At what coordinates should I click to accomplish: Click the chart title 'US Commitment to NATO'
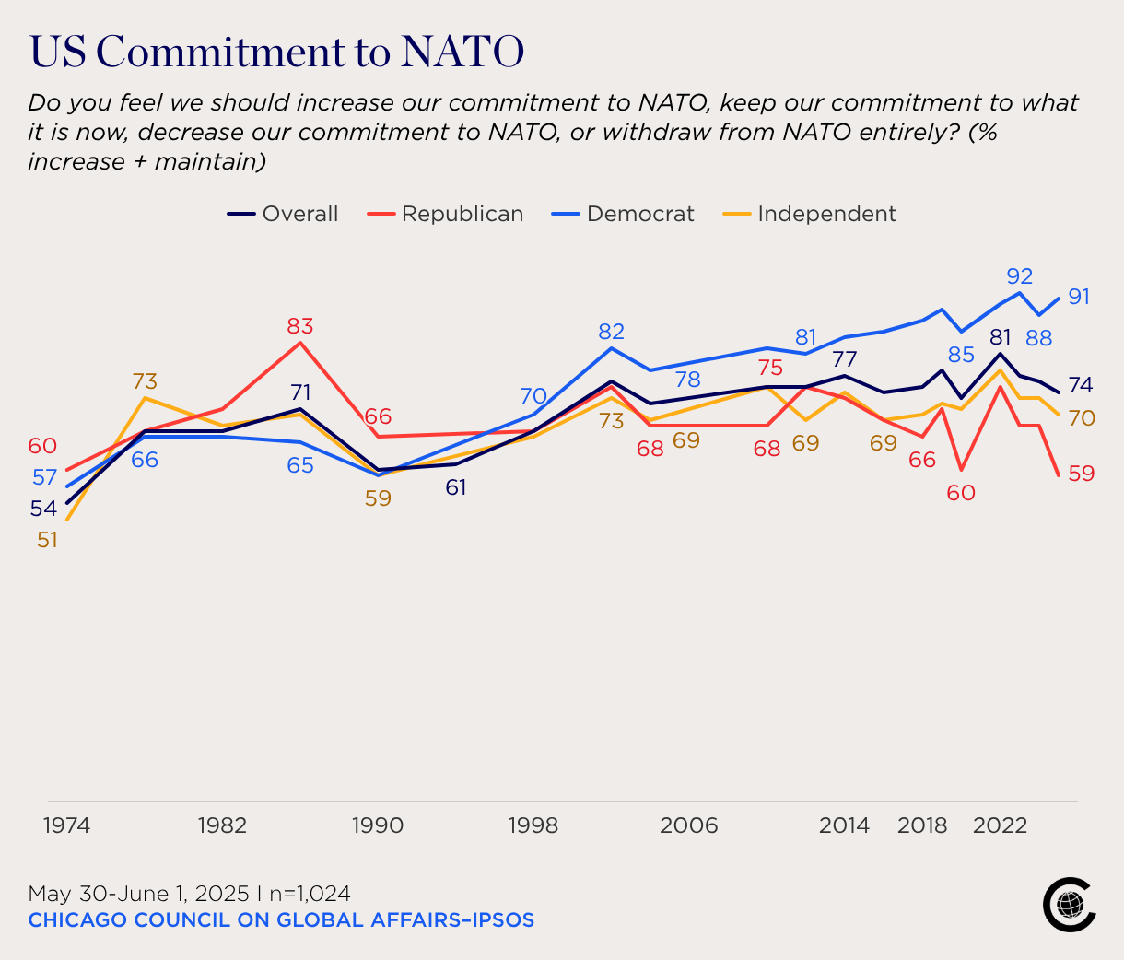coord(276,52)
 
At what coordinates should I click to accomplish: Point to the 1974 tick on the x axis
coord(66,825)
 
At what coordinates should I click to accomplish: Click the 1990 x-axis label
coord(378,825)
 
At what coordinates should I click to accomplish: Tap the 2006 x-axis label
coord(689,825)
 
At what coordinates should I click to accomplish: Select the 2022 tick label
coord(1000,825)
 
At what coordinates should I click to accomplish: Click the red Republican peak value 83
coord(300,326)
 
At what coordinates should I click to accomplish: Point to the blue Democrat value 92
coord(1019,275)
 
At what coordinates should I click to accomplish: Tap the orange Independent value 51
coord(47,541)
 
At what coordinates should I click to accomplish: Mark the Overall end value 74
coord(1081,385)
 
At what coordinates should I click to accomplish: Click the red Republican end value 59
coord(1081,474)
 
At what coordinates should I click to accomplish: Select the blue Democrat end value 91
coord(1079,297)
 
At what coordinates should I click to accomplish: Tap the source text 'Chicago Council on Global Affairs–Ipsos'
coord(281,919)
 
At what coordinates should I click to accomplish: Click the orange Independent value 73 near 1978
coord(145,381)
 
